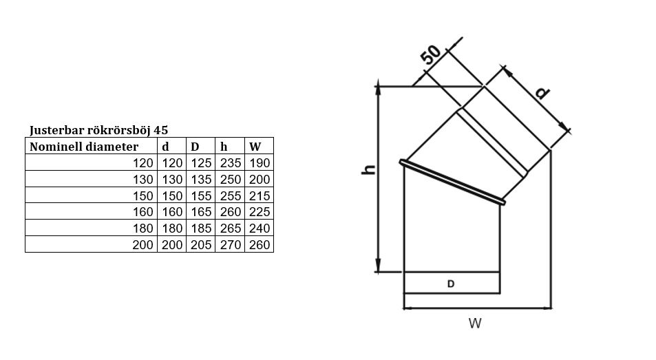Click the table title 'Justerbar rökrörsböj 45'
click(98, 131)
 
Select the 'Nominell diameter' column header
click(84, 147)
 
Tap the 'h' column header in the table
click(224, 147)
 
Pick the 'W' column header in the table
click(255, 147)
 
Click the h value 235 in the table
click(231, 163)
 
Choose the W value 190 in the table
click(260, 163)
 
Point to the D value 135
click(201, 180)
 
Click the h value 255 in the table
click(231, 195)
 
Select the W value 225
click(260, 212)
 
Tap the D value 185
click(201, 229)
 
